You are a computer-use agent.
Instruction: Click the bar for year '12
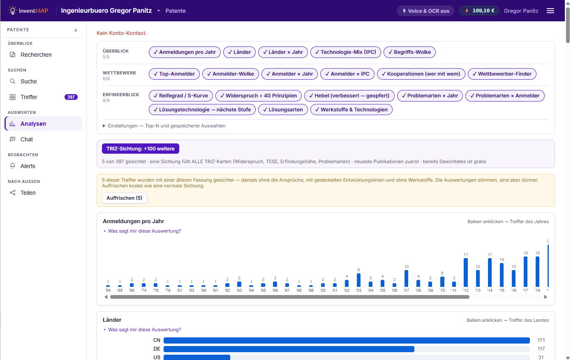point(466,272)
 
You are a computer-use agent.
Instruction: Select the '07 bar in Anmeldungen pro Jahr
point(406,279)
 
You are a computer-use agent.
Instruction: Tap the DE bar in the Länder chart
point(289,349)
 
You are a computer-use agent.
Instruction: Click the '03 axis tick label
point(358,291)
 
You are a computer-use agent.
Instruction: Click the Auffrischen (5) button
point(125,198)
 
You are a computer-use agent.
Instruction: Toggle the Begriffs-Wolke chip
point(409,52)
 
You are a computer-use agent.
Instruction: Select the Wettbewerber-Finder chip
point(502,74)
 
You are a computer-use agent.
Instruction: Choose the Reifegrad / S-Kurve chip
point(181,96)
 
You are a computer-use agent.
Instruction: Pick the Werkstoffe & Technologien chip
point(351,110)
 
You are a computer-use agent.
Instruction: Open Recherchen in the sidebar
point(36,55)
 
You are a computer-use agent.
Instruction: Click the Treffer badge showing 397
point(71,97)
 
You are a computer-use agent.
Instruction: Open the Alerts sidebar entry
point(28,166)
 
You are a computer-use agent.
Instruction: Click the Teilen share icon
point(12,193)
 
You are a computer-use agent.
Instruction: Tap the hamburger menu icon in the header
point(550,11)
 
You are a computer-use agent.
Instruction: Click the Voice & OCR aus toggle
point(425,11)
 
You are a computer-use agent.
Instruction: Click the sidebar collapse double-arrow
point(76,30)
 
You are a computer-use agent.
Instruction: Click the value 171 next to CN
point(541,340)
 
